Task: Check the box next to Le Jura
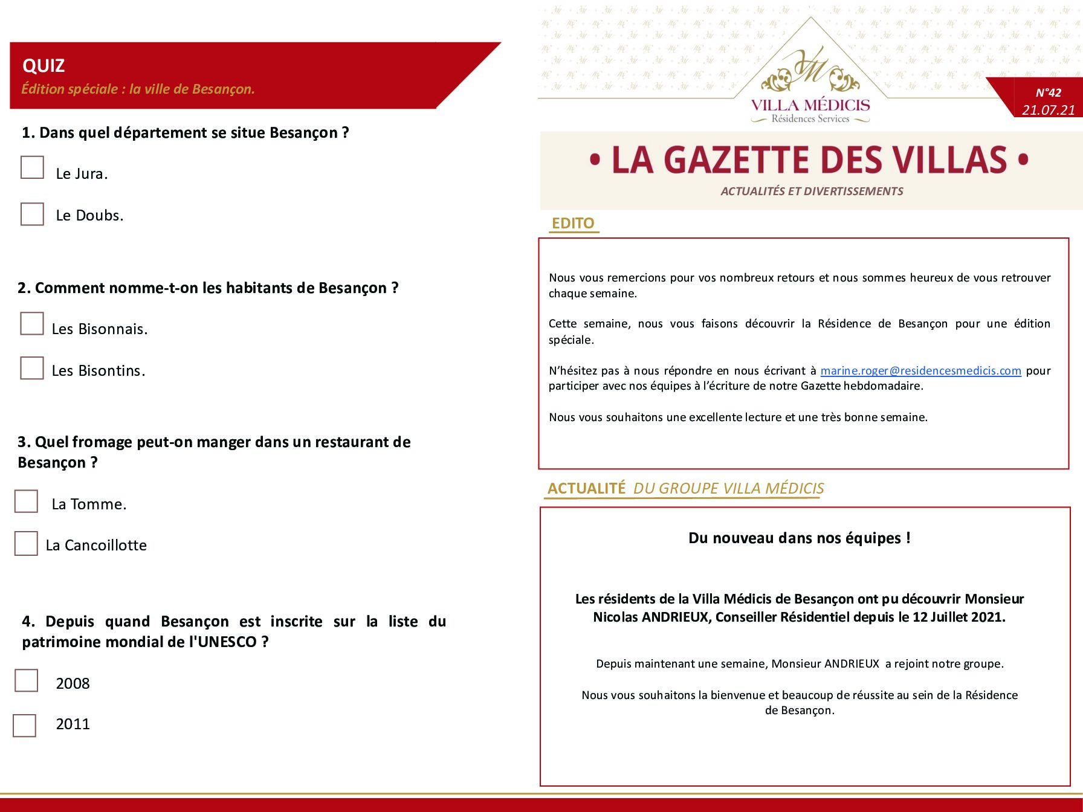[32, 167]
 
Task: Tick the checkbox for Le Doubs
[32, 214]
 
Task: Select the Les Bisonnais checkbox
[32, 323]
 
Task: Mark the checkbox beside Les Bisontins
[32, 368]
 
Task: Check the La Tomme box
[26, 501]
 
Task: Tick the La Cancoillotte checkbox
[26, 543]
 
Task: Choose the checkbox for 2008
[26, 680]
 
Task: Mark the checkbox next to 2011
[25, 726]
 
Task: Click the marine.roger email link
[920, 370]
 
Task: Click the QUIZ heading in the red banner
[44, 65]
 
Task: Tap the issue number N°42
[1048, 92]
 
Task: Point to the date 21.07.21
[1049, 110]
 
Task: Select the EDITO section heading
[573, 223]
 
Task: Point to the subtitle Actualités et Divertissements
[812, 191]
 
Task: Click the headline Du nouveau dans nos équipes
[799, 538]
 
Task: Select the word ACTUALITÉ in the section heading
[587, 488]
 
